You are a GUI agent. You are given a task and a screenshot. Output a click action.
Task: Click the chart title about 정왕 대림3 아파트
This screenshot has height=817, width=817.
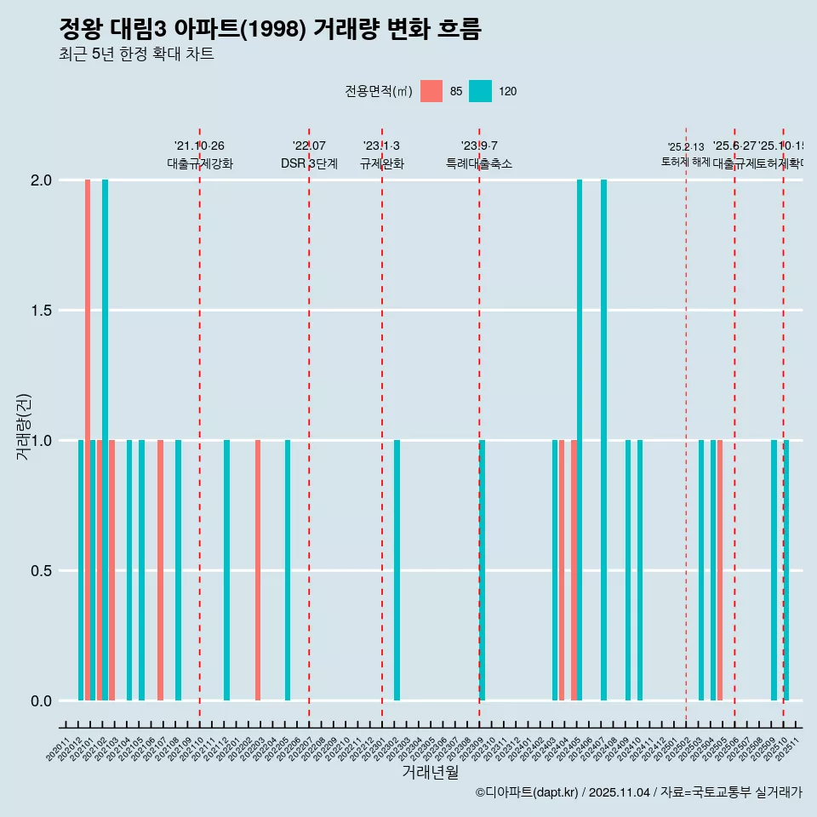271,30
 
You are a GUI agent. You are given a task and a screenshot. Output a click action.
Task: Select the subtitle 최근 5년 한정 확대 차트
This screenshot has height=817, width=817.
136,54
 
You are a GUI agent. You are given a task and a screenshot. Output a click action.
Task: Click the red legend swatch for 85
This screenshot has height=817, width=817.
431,91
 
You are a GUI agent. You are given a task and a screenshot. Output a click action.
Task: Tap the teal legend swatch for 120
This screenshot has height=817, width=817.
481,91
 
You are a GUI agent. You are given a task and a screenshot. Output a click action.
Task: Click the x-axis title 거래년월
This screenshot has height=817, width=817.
430,772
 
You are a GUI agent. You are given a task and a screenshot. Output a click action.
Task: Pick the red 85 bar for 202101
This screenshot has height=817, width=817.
88,440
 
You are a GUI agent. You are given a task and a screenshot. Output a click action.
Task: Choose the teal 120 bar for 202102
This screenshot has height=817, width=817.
106,440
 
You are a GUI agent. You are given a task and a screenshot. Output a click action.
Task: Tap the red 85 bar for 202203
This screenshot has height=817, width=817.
258,570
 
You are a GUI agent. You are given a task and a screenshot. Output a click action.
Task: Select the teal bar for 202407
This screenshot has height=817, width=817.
603,440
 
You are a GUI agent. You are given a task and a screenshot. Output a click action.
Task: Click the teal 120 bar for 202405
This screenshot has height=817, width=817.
580,440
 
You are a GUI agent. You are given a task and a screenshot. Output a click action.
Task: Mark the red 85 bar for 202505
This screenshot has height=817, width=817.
720,570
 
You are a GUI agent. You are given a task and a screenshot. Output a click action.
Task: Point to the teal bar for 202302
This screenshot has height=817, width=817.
397,570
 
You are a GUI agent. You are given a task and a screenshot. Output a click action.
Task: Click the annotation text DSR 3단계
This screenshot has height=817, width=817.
309,164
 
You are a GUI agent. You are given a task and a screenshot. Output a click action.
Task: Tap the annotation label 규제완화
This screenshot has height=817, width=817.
381,164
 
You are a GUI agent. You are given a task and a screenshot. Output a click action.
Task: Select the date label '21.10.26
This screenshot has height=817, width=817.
199,146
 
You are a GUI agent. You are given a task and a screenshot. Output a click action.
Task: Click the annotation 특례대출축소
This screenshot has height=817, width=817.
479,164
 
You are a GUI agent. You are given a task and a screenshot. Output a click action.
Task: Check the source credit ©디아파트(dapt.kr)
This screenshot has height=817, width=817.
528,792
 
